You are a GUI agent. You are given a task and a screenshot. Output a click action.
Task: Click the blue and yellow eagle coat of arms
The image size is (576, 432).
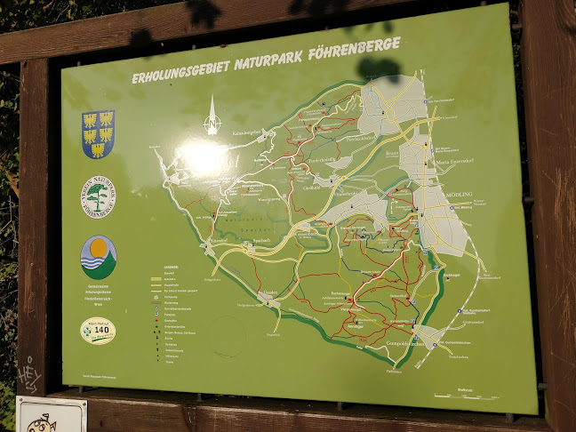pyautogui.click(x=97, y=133)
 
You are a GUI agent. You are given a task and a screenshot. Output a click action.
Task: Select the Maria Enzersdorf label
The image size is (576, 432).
pyautogui.click(x=452, y=164)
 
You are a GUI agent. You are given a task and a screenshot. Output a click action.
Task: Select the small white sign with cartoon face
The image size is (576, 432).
pyautogui.click(x=52, y=415)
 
